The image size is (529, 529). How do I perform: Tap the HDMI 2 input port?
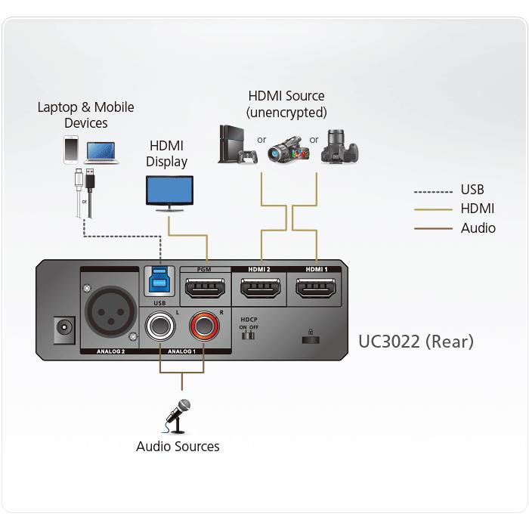point(261,289)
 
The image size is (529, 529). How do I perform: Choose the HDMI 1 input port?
point(316,289)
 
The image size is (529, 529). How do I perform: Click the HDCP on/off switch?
point(248,335)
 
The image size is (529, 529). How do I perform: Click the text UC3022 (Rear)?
point(416,342)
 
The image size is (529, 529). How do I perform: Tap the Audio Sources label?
point(178,446)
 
